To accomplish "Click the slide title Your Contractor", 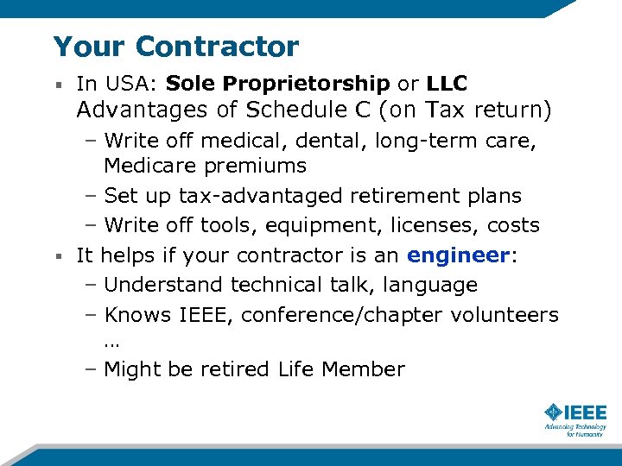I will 175,46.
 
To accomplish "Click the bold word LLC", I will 447,84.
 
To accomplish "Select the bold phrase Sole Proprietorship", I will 277,84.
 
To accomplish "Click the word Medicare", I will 147,165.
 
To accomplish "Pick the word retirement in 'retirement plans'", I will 403,196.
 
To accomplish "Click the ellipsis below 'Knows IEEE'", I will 111,342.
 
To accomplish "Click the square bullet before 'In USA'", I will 57,85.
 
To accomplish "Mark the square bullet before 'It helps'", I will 57,256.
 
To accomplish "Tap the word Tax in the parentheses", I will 472,110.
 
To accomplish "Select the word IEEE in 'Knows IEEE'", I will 206,315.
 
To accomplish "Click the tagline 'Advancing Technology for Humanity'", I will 575,430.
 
